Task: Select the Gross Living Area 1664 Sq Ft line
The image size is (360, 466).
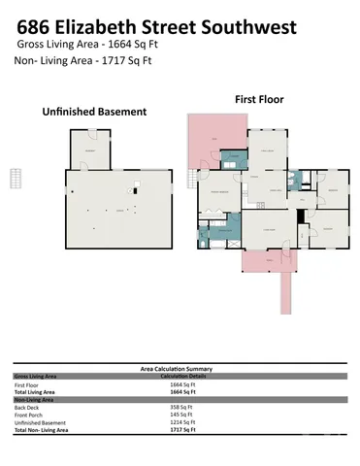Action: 81,44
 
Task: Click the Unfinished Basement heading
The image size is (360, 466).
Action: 94,112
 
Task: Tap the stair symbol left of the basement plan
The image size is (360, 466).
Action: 16,179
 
